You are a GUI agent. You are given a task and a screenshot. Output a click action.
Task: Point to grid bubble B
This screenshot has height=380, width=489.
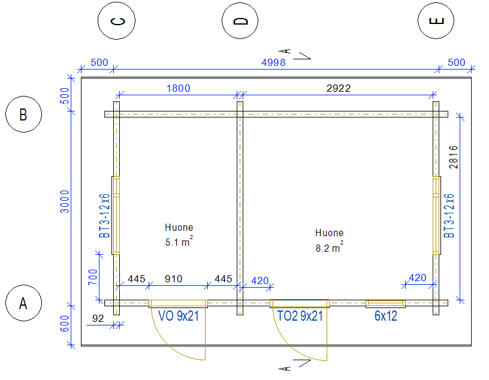tap(23, 114)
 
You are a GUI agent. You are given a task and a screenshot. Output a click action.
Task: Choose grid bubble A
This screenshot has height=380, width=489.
tap(23, 303)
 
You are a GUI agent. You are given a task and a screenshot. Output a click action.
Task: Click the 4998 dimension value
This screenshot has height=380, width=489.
tap(273, 62)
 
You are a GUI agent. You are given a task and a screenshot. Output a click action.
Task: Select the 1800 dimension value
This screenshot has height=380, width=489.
tap(178, 88)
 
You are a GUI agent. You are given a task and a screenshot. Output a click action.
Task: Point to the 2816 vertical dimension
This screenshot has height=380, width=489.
tap(454, 157)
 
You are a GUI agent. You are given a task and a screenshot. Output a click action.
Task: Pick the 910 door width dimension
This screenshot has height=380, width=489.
tap(173, 279)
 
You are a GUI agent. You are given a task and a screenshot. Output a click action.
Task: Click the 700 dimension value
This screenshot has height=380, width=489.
tap(93, 276)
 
